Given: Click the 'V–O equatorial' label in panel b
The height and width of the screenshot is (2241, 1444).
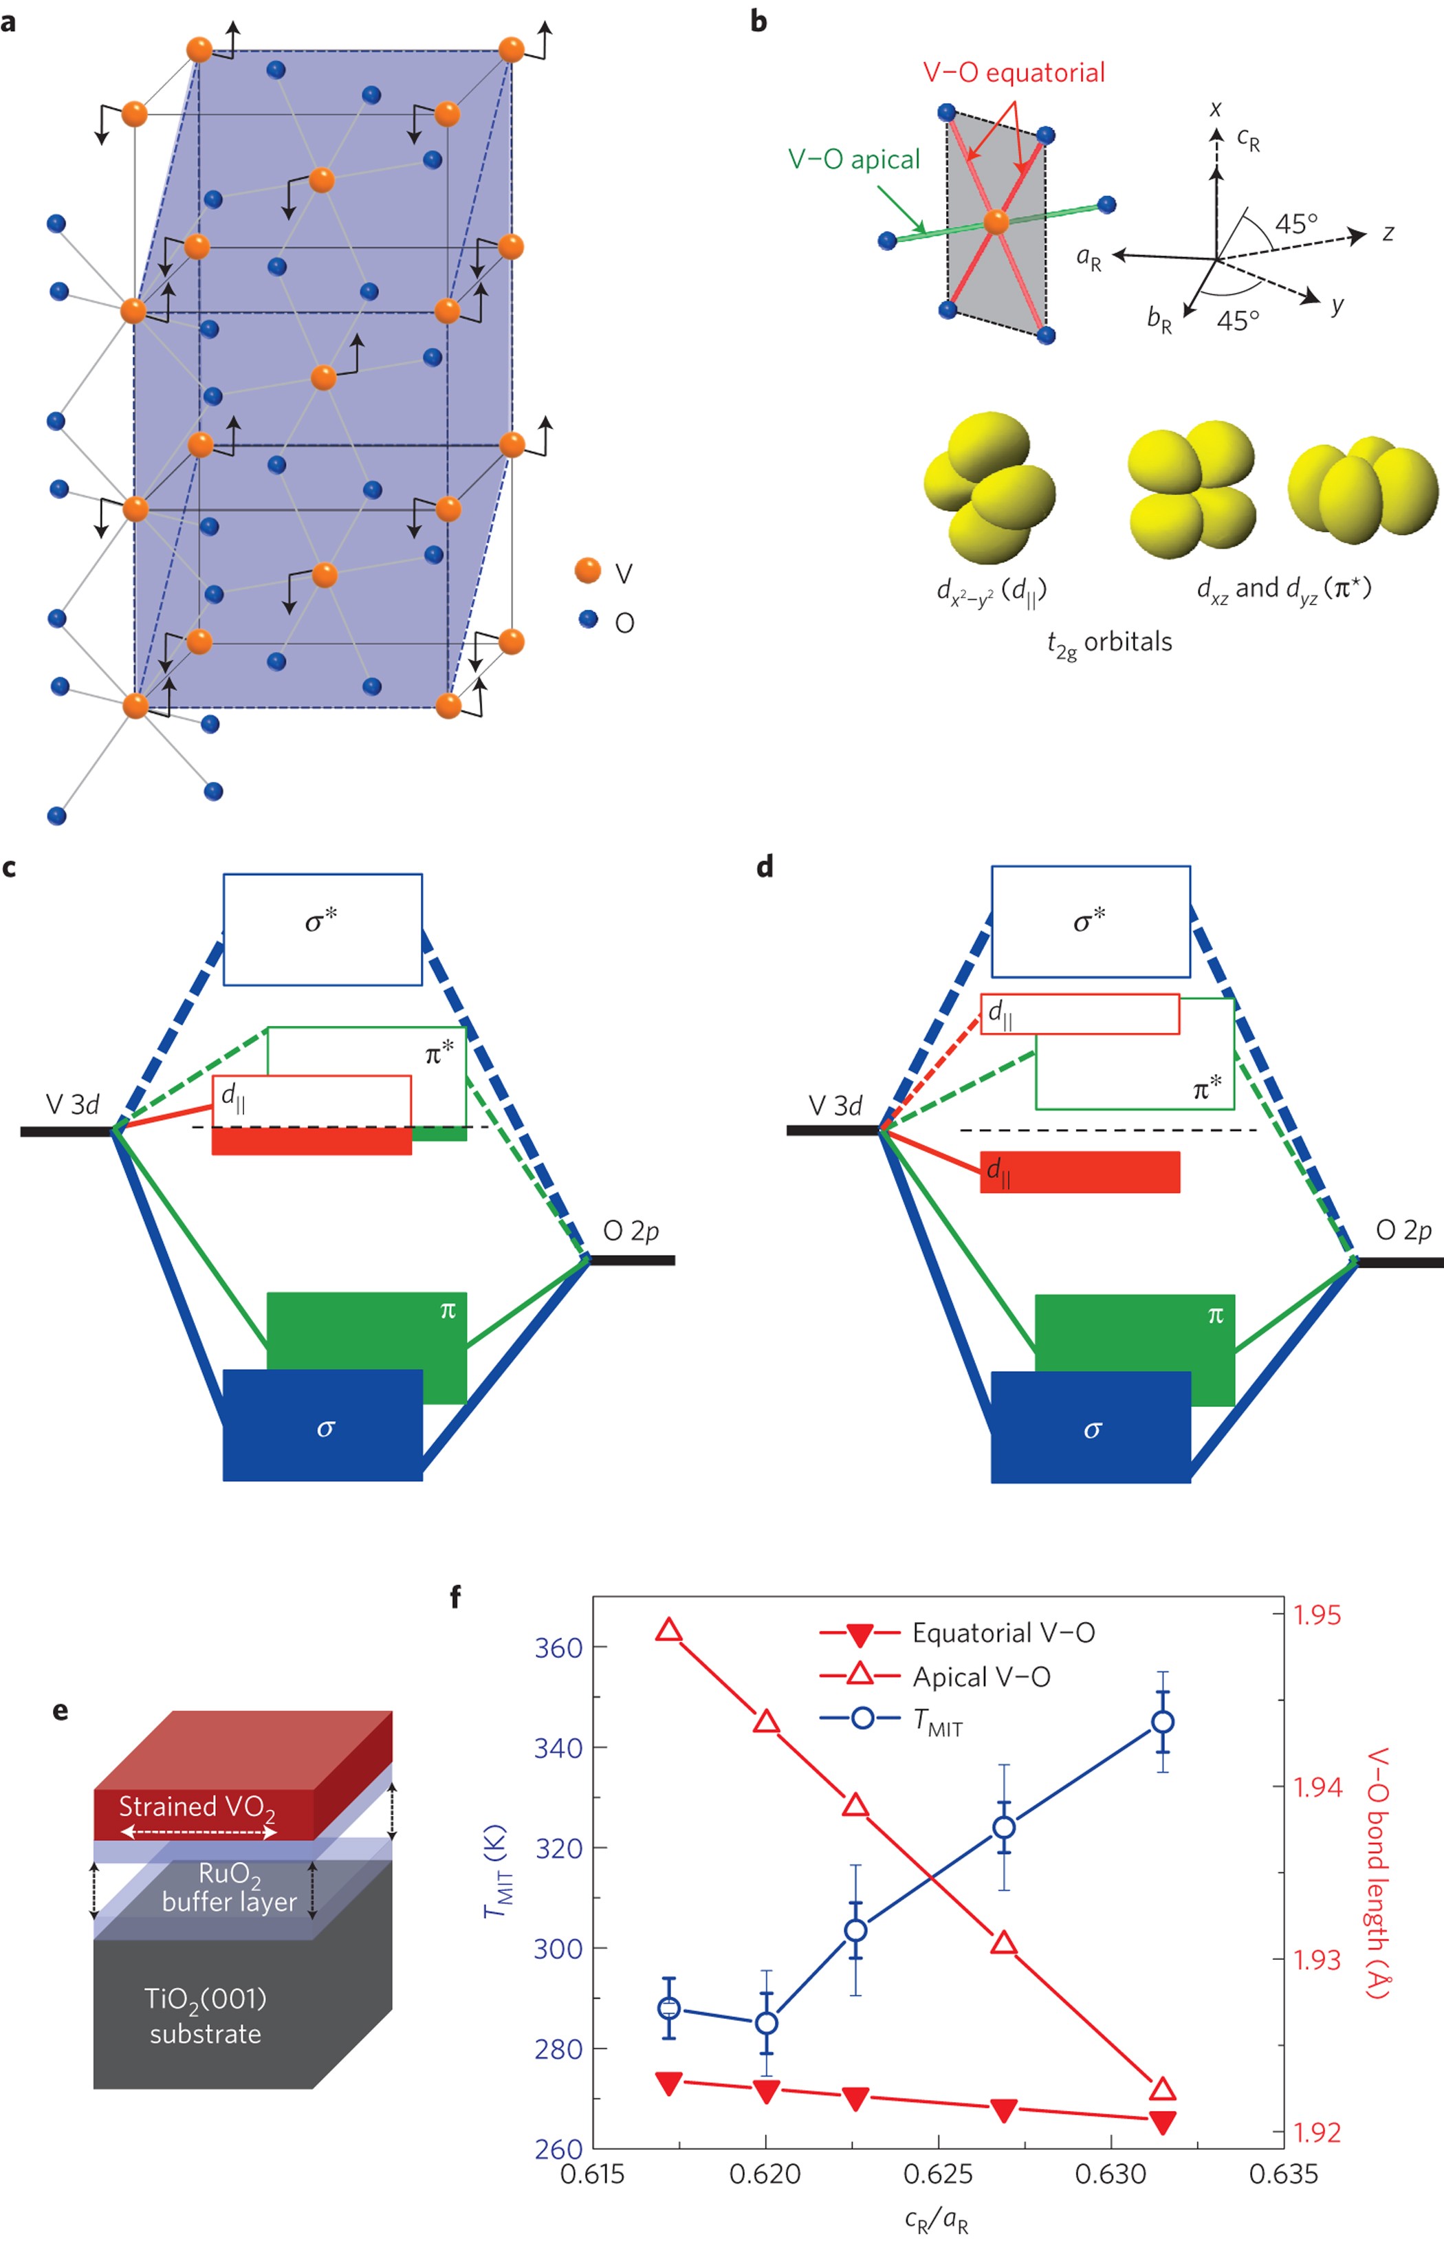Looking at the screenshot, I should pyautogui.click(x=1014, y=73).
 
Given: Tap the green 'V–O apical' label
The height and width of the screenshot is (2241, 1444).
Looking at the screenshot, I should pyautogui.click(x=853, y=160).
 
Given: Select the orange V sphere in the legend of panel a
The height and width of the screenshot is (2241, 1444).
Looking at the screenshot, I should pyautogui.click(x=588, y=570).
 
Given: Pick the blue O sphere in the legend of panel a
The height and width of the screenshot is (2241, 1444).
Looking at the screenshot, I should pyautogui.click(x=588, y=619).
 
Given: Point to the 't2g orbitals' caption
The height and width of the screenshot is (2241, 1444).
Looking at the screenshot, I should pyautogui.click(x=1109, y=643).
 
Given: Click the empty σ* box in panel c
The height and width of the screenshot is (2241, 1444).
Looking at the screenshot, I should pyautogui.click(x=322, y=929).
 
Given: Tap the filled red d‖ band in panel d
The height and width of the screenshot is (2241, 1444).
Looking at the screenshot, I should pyautogui.click(x=1080, y=1171).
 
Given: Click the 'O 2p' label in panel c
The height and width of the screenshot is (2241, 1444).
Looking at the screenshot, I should pyautogui.click(x=630, y=1231).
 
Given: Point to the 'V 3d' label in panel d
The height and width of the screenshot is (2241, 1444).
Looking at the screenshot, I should pyautogui.click(x=835, y=1106).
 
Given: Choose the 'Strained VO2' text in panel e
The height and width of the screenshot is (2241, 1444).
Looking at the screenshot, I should pyautogui.click(x=197, y=1808).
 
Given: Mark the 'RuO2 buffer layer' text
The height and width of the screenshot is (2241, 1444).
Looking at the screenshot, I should pyautogui.click(x=229, y=1888).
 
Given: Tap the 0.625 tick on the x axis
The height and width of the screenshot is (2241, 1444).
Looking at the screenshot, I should pyautogui.click(x=939, y=2174).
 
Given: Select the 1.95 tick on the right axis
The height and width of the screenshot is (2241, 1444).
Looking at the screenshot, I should pyautogui.click(x=1317, y=1615).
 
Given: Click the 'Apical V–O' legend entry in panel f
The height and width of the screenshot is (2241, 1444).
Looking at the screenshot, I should pyautogui.click(x=981, y=1676).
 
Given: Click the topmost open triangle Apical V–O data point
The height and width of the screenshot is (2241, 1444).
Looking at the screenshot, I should pyautogui.click(x=668, y=1630).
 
